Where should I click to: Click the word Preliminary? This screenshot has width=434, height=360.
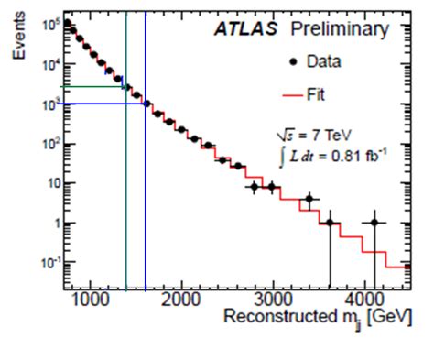pyautogui.click(x=339, y=30)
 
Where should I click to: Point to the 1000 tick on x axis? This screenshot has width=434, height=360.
pyautogui.click(x=90, y=299)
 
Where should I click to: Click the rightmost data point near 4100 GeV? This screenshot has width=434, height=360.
pyautogui.click(x=374, y=223)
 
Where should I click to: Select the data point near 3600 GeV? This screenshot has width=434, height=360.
pyautogui.click(x=330, y=223)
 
